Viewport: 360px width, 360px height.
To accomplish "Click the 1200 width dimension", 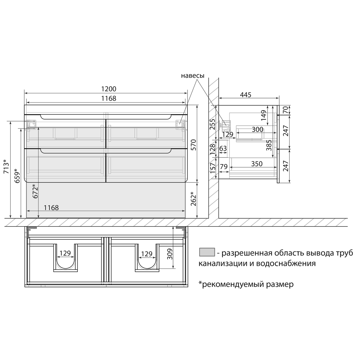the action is click(109, 89).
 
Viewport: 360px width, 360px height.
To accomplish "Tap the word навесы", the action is click(193, 76).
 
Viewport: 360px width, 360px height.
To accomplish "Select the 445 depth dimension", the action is click(245, 95).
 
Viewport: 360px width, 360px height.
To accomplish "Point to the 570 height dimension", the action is click(193, 145).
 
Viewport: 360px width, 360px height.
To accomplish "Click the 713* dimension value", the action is click(7, 166).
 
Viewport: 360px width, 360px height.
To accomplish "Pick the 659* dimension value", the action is click(17, 176).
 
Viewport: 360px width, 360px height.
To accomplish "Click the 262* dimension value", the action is click(193, 199).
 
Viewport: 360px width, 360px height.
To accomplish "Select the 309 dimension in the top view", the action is click(169, 254).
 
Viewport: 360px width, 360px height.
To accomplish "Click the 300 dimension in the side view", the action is click(257, 130).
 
